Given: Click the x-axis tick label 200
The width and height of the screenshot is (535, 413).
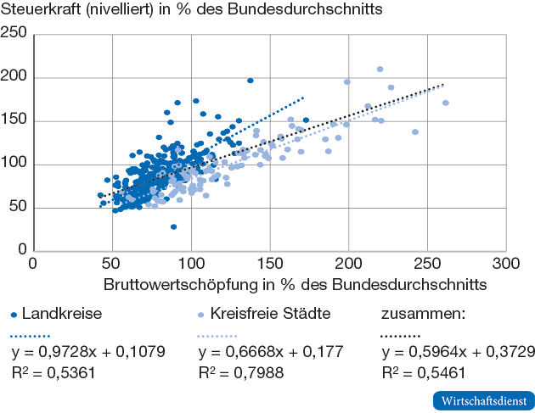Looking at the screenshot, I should click(349, 265).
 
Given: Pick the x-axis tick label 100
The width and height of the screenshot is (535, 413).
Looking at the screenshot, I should click(191, 265).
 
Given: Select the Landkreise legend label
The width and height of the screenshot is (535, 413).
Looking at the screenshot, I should click(62, 313).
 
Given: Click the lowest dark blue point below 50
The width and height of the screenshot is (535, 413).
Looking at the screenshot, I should click(173, 226).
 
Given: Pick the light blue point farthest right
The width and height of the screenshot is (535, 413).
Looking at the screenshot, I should click(446, 103).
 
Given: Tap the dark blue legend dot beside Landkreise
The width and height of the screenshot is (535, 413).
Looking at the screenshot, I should click(14, 314).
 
